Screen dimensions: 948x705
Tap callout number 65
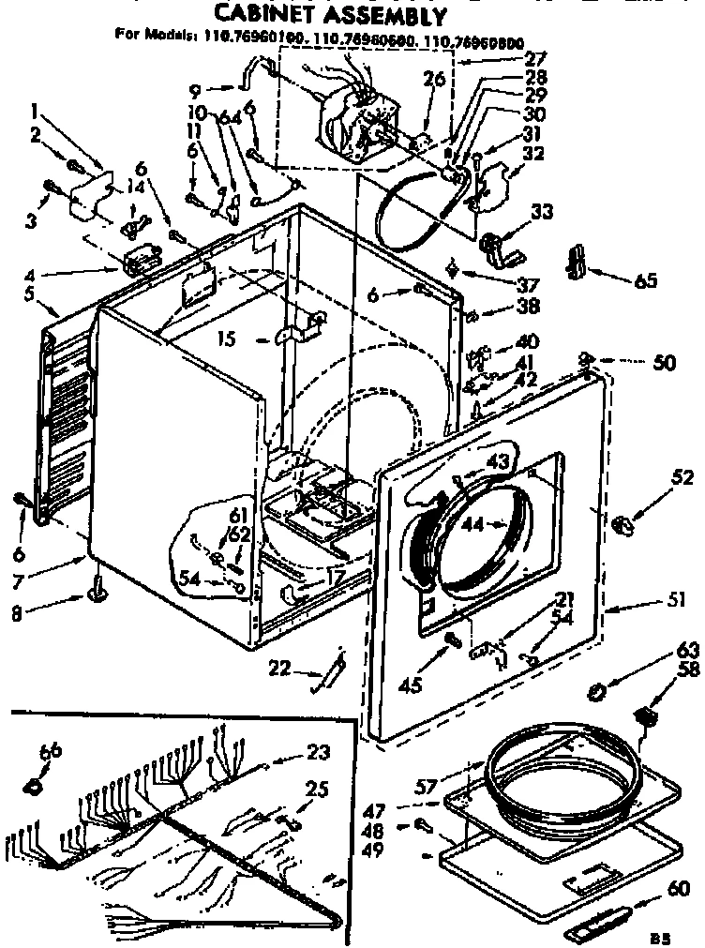[x=645, y=279]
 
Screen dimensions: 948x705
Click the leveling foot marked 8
[x=97, y=591]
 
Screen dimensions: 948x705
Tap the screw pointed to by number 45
[x=453, y=640]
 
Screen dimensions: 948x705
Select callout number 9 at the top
[x=195, y=90]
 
